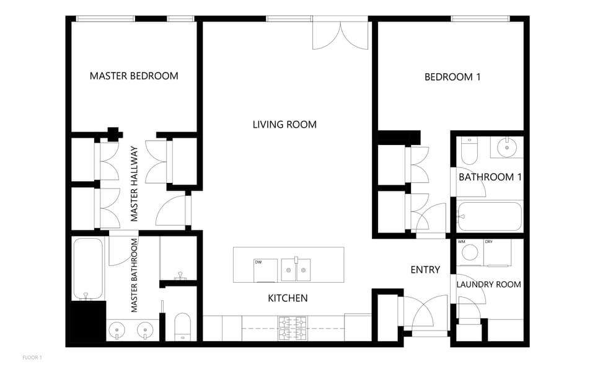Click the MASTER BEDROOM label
point(134,76)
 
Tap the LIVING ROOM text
point(284,125)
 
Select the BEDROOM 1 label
point(452,77)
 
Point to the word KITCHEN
point(288,298)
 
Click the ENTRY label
point(425,270)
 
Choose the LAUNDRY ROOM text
point(488,285)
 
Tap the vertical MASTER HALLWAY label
point(134,184)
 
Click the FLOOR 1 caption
point(32,358)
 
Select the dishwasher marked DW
point(266,270)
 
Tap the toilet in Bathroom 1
point(469,150)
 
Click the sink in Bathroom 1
point(507,148)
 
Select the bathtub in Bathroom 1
point(490,216)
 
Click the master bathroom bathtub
point(88,268)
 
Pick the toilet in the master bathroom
point(183,326)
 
